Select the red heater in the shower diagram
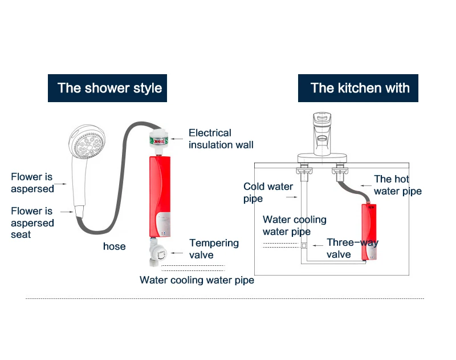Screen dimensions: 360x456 click(161, 197)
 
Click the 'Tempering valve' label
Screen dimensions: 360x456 click(214, 249)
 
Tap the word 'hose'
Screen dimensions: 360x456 click(115, 246)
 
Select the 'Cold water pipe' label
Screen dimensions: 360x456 click(268, 192)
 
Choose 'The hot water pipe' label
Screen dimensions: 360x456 click(398, 185)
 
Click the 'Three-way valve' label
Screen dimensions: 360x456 click(352, 248)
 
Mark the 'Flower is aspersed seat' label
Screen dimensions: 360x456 click(32, 223)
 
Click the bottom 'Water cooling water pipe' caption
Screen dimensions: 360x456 click(197, 280)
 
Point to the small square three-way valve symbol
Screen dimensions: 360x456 click(305, 246)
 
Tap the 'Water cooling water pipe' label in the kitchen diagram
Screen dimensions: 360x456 click(294, 225)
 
